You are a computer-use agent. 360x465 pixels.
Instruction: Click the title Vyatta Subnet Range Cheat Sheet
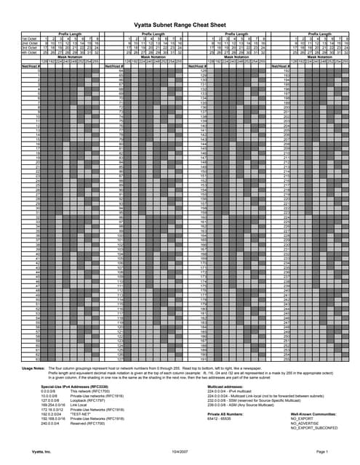click(x=180, y=24)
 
